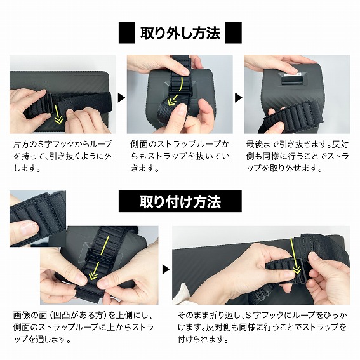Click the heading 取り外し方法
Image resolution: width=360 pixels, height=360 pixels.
click(x=180, y=33)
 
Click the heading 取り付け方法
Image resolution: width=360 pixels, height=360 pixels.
click(x=180, y=201)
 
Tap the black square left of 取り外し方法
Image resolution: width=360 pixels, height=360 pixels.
click(x=127, y=32)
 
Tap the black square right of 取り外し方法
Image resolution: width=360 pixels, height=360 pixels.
click(x=234, y=32)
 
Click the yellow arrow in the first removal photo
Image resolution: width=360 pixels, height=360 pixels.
click(x=57, y=114)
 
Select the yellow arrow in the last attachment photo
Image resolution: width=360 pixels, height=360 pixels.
click(x=295, y=257)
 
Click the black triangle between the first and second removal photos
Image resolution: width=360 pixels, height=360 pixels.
click(x=121, y=98)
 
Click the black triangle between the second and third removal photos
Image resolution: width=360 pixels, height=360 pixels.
click(x=239, y=98)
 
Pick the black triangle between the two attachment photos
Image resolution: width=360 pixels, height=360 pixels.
click(x=166, y=269)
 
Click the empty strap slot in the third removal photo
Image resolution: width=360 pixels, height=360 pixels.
click(x=291, y=80)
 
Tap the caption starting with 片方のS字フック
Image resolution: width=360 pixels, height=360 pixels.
click(x=63, y=156)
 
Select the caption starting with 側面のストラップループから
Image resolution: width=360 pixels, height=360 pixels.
click(x=180, y=156)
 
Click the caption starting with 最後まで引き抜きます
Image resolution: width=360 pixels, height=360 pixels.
click(x=297, y=156)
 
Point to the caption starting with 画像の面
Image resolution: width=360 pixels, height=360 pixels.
click(x=83, y=327)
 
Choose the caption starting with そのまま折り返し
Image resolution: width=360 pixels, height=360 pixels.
click(x=262, y=327)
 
